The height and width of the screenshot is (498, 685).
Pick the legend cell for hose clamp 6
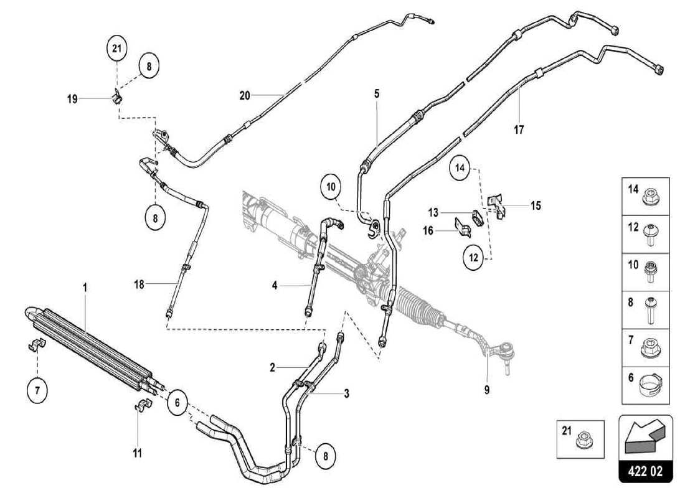click(x=645, y=385)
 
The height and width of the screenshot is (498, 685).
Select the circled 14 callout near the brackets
click(x=460, y=168)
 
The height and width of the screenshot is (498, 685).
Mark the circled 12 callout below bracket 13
click(x=473, y=256)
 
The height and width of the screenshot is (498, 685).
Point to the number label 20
click(x=245, y=95)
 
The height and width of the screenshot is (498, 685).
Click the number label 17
click(x=519, y=130)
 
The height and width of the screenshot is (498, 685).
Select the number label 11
click(x=138, y=453)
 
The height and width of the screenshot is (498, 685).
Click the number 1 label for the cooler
click(x=85, y=288)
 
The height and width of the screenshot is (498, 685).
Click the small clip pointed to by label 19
click(x=116, y=97)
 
